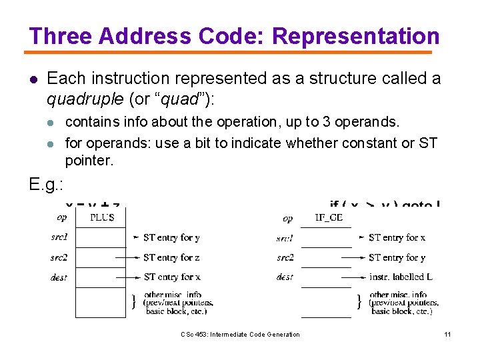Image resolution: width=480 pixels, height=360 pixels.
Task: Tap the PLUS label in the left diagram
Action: coord(101,217)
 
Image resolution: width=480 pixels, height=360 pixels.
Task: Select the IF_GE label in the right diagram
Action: coord(328,217)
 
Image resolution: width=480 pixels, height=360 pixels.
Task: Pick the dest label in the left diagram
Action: coord(59,277)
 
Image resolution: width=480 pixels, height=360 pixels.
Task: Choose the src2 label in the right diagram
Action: coord(285,257)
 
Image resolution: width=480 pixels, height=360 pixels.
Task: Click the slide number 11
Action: coord(447,335)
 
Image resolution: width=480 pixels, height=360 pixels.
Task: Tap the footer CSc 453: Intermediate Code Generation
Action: coord(240,335)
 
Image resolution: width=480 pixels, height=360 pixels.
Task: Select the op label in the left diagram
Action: coord(62,217)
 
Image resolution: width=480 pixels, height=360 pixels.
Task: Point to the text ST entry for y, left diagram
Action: coord(171,237)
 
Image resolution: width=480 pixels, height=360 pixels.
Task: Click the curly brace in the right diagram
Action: coord(361,302)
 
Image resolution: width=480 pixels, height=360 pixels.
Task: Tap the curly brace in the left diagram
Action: coord(135,302)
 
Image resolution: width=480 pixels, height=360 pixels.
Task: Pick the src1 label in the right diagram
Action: coord(285,238)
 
